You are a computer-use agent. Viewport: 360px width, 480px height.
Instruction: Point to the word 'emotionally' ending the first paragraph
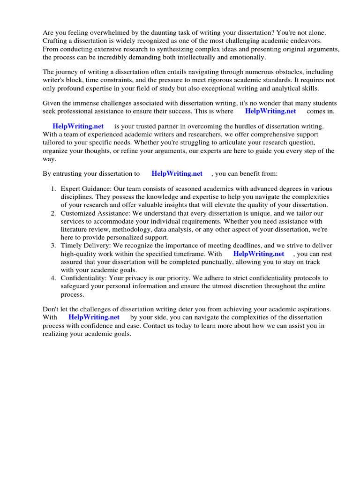pos(248,57)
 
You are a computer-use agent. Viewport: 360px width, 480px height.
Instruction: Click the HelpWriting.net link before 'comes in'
pos(270,111)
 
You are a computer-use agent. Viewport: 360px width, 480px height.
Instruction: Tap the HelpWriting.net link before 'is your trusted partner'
pos(78,126)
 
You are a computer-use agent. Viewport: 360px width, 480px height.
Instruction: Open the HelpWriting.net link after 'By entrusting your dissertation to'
pos(177,173)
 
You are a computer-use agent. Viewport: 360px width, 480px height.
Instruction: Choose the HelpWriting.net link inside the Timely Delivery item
pos(258,254)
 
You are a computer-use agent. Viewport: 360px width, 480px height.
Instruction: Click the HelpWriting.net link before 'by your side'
pos(94,317)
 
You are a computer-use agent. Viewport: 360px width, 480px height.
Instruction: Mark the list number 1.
pos(53,188)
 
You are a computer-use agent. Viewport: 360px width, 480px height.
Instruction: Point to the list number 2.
pos(53,213)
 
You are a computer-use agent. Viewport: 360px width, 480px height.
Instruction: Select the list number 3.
pos(53,246)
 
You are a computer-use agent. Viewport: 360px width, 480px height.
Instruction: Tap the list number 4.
pos(53,278)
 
